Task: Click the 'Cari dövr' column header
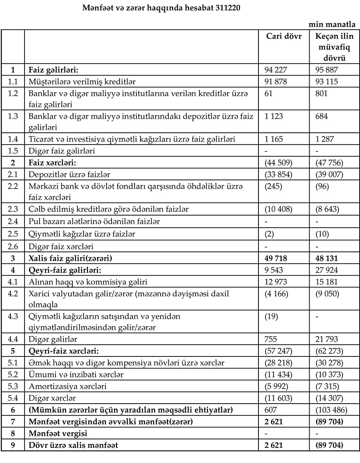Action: (x=284, y=36)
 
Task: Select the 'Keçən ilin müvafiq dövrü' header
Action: (x=334, y=47)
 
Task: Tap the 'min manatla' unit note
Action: (x=332, y=25)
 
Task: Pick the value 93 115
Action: (x=326, y=82)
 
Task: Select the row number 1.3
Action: (x=13, y=117)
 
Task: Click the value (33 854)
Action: (x=279, y=175)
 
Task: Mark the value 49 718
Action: (x=276, y=259)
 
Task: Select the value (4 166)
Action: (x=276, y=294)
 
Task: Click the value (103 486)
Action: (x=332, y=410)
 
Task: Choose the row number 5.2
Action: (x=13, y=375)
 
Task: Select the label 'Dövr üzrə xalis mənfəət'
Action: (x=73, y=445)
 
